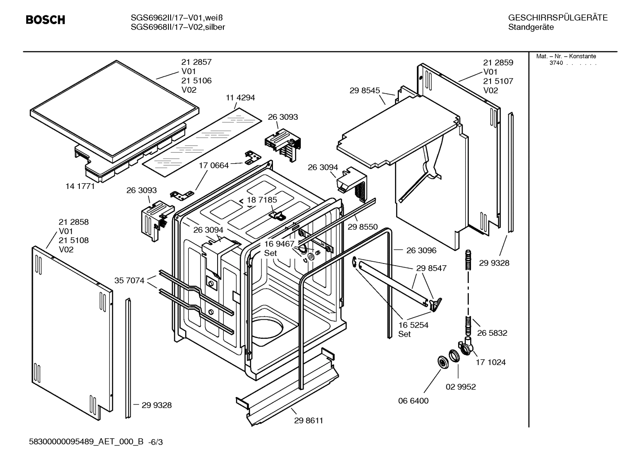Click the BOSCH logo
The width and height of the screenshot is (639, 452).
(45, 20)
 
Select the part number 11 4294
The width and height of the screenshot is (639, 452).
(240, 98)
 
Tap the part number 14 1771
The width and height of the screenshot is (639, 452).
(80, 186)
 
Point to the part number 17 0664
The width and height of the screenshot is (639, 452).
(214, 165)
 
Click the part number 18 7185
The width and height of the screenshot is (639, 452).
(262, 200)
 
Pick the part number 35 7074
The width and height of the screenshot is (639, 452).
(129, 280)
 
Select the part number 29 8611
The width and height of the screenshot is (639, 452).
(308, 421)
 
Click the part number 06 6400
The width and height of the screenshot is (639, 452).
(413, 401)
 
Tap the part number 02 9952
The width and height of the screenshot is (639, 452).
(460, 387)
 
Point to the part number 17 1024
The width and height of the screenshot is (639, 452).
(491, 362)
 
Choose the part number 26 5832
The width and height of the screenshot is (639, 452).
(492, 333)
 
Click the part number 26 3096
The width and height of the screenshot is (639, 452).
(421, 250)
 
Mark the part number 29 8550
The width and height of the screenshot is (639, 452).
(362, 227)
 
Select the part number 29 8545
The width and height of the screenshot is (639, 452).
(365, 90)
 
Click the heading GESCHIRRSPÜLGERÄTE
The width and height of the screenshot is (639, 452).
(557, 18)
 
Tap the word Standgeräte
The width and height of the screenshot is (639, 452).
(530, 28)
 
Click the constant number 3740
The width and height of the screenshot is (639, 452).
(556, 63)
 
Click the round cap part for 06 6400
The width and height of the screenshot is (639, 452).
(442, 362)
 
